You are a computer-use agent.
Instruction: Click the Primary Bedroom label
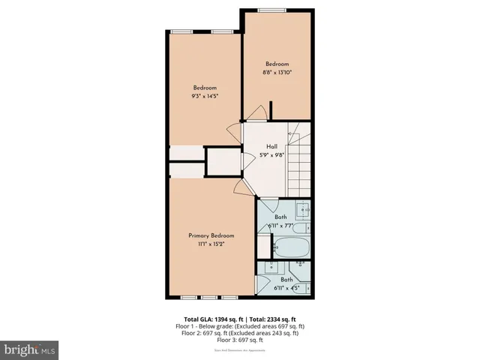coord(205,235)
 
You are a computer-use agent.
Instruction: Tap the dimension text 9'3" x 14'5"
coord(205,95)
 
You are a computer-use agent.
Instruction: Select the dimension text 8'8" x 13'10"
coord(276,72)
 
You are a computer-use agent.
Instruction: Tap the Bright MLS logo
coord(29,349)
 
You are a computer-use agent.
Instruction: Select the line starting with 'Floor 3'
coord(240,340)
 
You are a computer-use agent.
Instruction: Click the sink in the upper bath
coord(302,210)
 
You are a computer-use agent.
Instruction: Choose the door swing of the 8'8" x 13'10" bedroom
coord(255,113)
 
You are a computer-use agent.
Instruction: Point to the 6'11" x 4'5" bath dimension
coord(287,287)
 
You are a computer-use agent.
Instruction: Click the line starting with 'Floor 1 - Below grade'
coord(240,326)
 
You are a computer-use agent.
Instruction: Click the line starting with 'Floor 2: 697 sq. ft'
coord(240,333)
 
